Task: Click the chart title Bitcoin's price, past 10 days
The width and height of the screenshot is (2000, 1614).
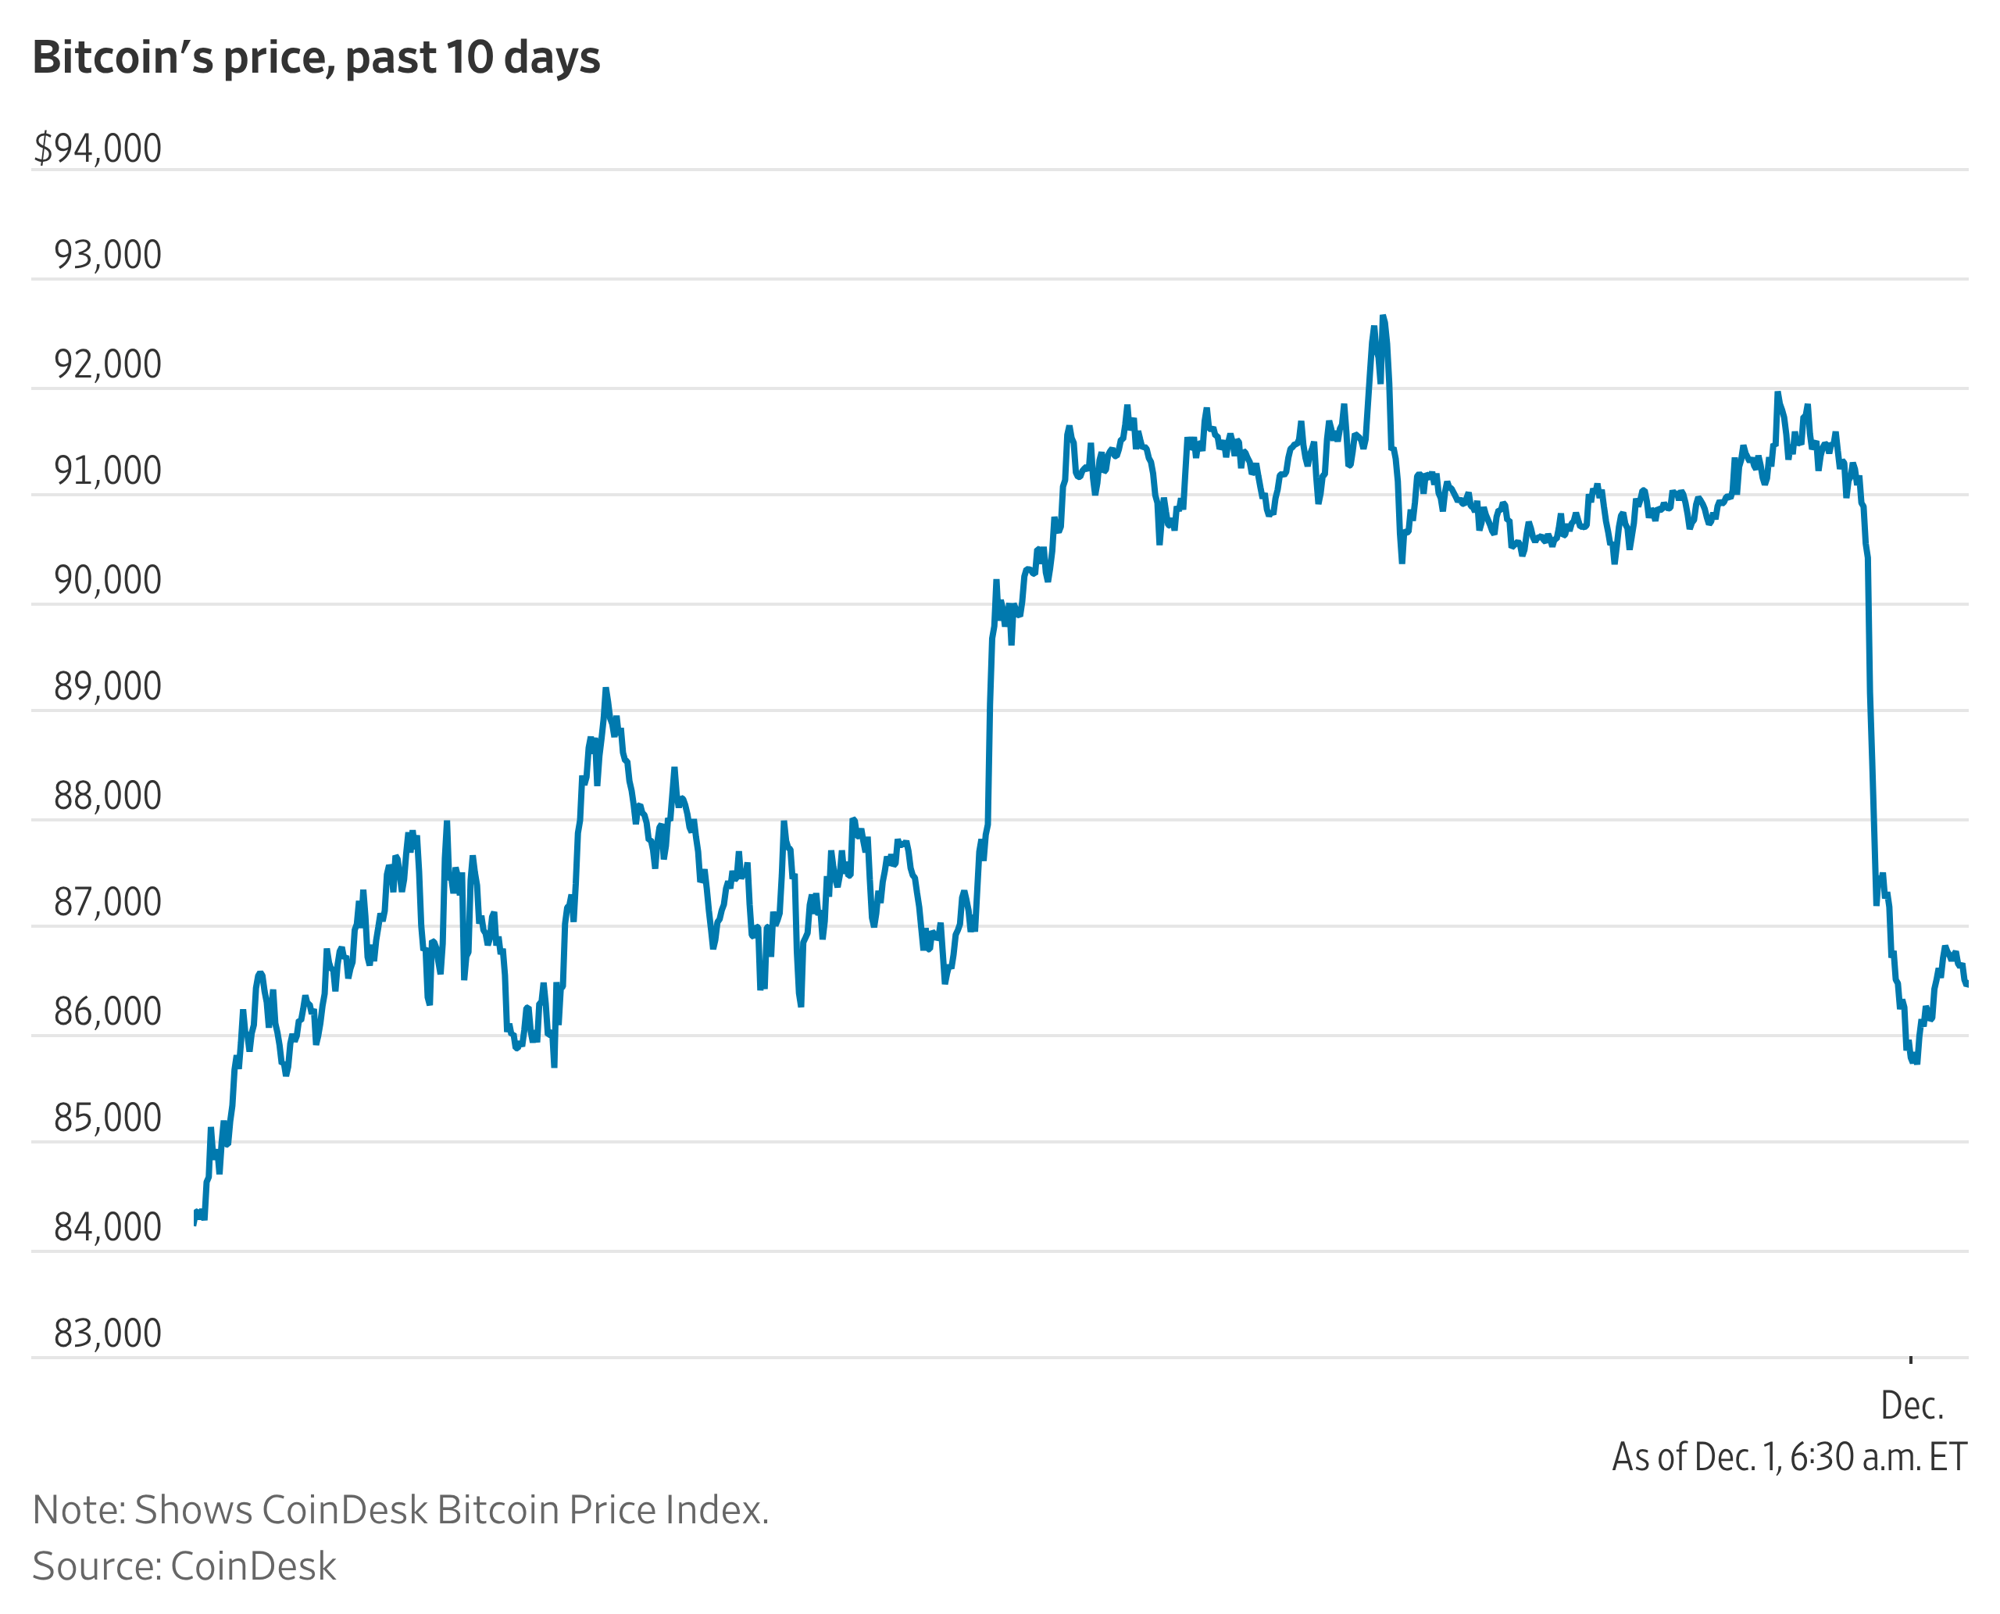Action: pyautogui.click(x=316, y=58)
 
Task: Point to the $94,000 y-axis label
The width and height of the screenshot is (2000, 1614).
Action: pyautogui.click(x=98, y=149)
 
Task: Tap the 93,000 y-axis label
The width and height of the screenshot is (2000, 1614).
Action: pyautogui.click(x=108, y=256)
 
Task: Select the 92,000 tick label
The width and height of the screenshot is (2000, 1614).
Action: pyautogui.click(x=108, y=364)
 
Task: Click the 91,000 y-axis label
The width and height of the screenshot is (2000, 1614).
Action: pyautogui.click(x=108, y=471)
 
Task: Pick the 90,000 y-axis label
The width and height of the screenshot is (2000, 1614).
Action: pyautogui.click(x=108, y=580)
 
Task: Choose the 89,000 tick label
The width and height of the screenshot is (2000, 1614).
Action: pyautogui.click(x=108, y=687)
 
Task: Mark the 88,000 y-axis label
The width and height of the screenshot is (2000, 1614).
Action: pyautogui.click(x=108, y=796)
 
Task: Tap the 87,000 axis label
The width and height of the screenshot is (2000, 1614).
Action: pyautogui.click(x=108, y=903)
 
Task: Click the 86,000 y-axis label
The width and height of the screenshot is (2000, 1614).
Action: pyautogui.click(x=108, y=1012)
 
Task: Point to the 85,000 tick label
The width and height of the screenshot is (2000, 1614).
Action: pyautogui.click(x=108, y=1118)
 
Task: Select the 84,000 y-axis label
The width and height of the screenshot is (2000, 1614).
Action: pyautogui.click(x=108, y=1228)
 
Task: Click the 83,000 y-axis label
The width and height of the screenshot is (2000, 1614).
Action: pyautogui.click(x=108, y=1334)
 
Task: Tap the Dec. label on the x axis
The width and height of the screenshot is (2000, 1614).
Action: pyautogui.click(x=1912, y=1406)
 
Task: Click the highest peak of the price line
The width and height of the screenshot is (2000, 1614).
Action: pyautogui.click(x=1383, y=318)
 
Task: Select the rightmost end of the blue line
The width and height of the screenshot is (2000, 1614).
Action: pyautogui.click(x=1966, y=985)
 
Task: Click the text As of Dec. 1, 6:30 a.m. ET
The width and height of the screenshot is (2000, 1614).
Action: pyautogui.click(x=1789, y=1457)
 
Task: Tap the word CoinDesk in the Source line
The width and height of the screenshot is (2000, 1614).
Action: pyautogui.click(x=253, y=1566)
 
